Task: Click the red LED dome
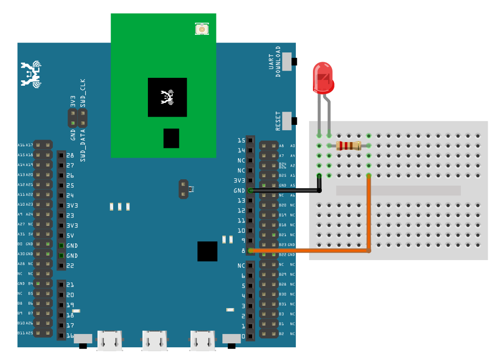click(x=323, y=77)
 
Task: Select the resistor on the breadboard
click(x=349, y=145)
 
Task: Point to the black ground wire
click(x=284, y=191)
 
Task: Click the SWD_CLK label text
click(x=83, y=93)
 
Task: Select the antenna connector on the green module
click(x=201, y=29)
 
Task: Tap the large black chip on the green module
click(x=167, y=97)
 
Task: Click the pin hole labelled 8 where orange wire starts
click(x=250, y=251)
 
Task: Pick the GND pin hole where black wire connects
click(x=250, y=190)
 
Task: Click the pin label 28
click(x=70, y=155)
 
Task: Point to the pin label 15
click(x=241, y=141)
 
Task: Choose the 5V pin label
click(x=70, y=236)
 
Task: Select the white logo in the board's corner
click(x=31, y=74)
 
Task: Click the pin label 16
click(x=70, y=336)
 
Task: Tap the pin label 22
click(x=70, y=265)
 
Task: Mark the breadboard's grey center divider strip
click(x=398, y=191)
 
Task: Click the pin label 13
click(x=241, y=200)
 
